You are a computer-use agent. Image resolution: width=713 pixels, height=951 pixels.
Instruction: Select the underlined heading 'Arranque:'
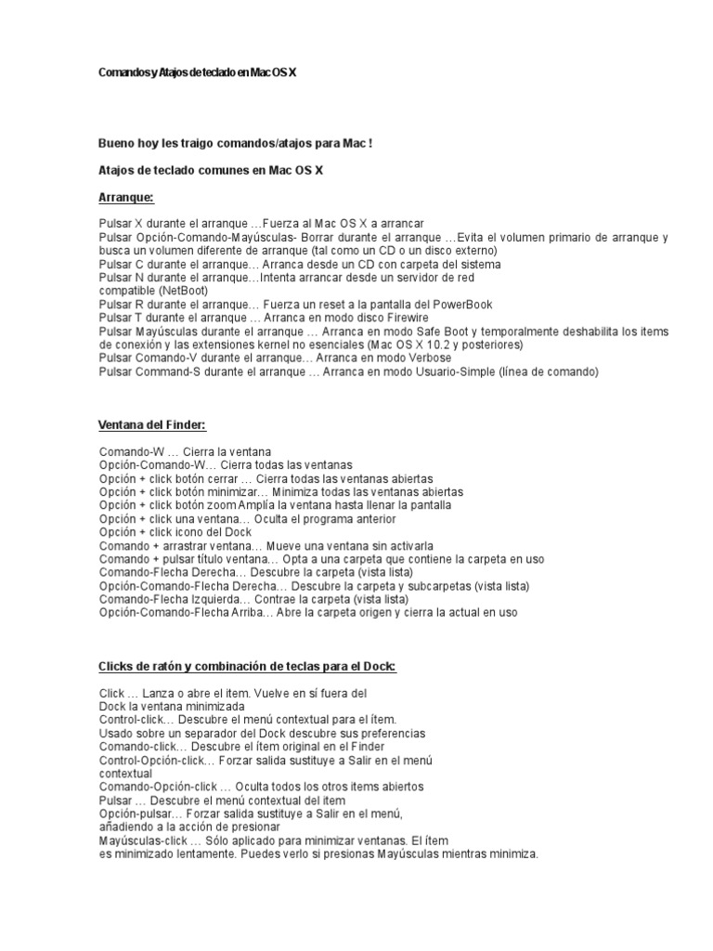[125, 198]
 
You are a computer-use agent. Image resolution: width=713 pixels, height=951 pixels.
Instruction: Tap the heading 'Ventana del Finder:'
[151, 425]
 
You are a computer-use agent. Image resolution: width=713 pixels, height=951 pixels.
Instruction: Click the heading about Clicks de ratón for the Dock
[247, 667]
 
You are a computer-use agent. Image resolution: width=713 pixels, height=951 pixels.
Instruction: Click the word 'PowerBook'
[461, 305]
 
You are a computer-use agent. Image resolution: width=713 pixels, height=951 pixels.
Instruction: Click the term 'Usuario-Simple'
[453, 371]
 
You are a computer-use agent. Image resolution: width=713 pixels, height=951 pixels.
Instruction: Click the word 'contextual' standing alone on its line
[125, 773]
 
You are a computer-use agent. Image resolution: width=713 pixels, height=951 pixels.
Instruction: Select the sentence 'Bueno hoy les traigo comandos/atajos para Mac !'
[236, 144]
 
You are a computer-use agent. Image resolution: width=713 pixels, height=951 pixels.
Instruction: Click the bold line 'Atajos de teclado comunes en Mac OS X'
[211, 171]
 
